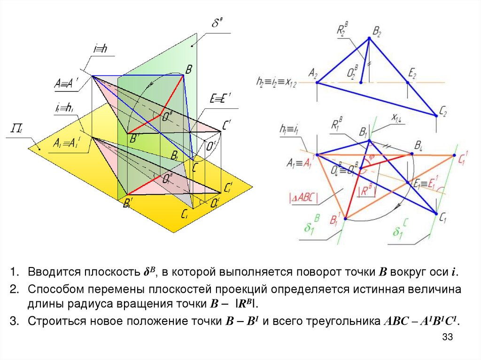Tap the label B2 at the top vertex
(x=377, y=32)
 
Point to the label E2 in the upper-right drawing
(x=412, y=73)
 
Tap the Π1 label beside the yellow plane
(x=14, y=130)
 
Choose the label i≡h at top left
(x=100, y=49)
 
